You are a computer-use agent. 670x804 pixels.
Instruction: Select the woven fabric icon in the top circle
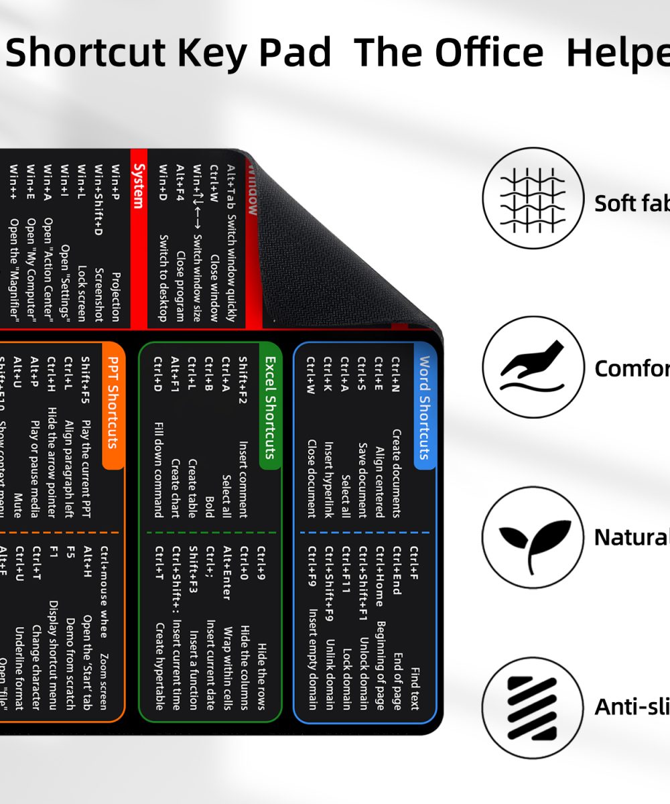[533, 198]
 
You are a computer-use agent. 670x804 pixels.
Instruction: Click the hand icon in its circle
[533, 367]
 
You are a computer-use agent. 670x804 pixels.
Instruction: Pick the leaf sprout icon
[533, 537]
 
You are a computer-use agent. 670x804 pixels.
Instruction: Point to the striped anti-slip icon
[533, 708]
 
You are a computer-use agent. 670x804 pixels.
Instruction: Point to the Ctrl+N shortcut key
[396, 376]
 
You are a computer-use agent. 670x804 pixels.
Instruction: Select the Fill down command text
[159, 469]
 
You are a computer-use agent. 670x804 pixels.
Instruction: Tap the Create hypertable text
[159, 666]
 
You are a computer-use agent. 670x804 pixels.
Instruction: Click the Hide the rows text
[261, 675]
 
